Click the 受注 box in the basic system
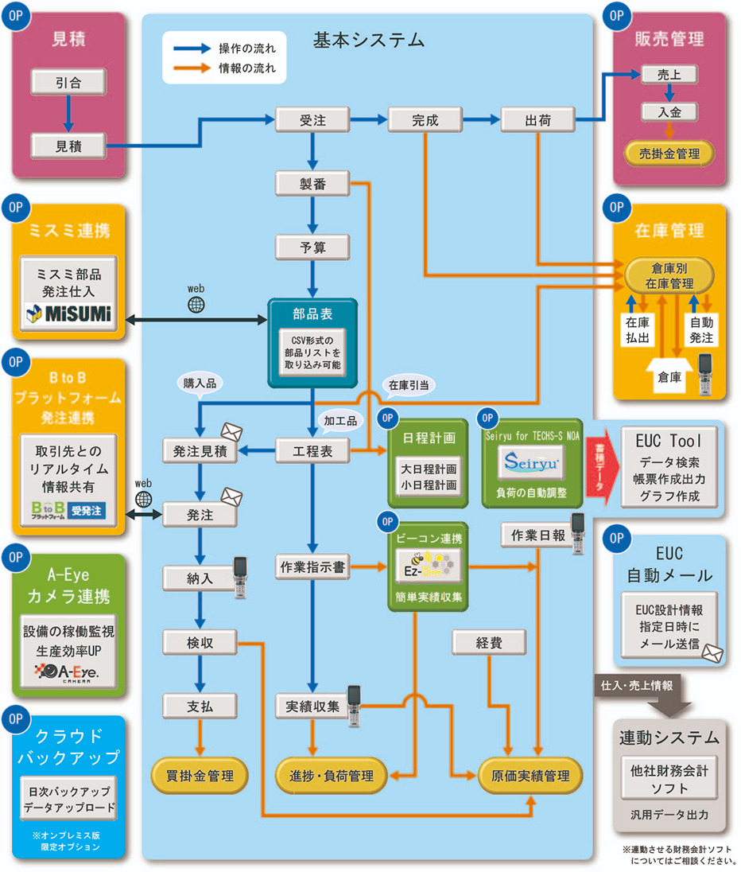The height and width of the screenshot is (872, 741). [312, 120]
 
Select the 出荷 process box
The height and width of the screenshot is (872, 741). [538, 120]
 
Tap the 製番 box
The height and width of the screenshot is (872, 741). [312, 185]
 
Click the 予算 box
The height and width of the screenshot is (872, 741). [312, 247]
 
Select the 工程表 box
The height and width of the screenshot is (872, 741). [312, 451]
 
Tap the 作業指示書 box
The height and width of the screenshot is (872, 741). [312, 567]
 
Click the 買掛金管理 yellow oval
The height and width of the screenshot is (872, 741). [200, 774]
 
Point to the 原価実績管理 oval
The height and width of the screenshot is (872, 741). [530, 774]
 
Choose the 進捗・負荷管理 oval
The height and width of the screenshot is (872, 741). [324, 774]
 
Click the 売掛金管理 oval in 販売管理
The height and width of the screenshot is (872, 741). [669, 154]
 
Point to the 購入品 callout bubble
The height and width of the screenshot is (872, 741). [200, 383]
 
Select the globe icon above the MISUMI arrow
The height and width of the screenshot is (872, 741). [196, 304]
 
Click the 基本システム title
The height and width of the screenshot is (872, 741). [368, 39]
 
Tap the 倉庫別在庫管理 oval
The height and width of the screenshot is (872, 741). [669, 275]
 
